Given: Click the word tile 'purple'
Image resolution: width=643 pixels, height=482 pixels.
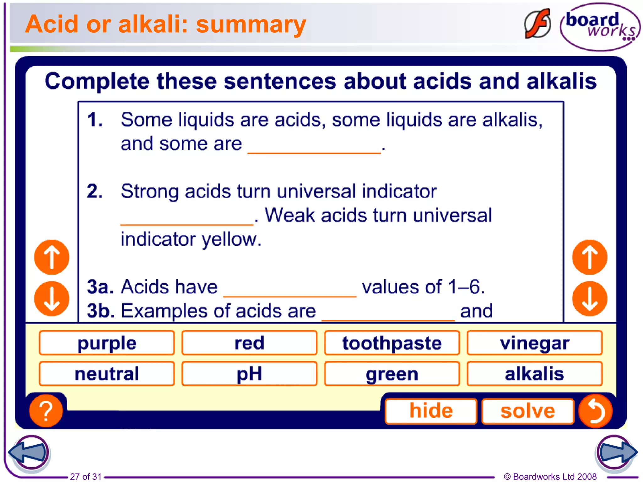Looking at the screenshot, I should coord(107,343).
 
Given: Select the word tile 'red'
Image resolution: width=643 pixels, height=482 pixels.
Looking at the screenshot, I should coord(249,343).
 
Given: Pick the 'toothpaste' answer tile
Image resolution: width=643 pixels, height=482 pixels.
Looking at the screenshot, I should coord(392,343).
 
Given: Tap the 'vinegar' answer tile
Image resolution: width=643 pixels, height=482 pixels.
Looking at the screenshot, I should coord(534,343).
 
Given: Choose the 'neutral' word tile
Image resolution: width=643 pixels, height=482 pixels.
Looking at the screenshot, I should coord(107,373).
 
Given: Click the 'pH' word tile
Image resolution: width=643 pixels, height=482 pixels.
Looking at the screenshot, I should coord(249,373).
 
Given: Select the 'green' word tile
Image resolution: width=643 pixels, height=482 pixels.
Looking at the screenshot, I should coord(392,373).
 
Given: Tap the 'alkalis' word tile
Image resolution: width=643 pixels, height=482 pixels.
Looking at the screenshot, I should coord(534,373).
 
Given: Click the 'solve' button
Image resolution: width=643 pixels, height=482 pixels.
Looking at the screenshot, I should coord(527,411).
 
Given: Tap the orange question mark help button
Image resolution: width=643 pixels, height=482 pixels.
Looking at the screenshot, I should coord(46,411).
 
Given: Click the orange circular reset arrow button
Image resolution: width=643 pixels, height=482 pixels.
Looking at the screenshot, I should coord(595,411).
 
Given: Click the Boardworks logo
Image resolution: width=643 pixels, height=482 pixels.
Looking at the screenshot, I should coord(600,27).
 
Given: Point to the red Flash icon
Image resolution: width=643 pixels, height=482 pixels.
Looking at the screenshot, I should coord(538,24).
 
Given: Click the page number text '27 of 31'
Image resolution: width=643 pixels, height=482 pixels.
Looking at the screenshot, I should coord(86,476).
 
